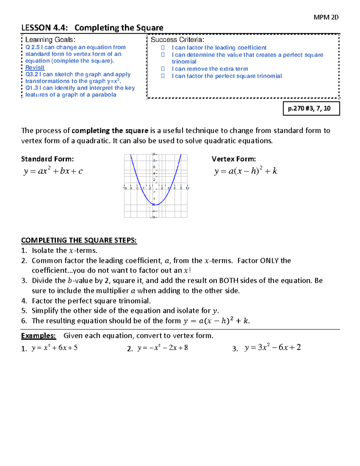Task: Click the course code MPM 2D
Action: pyautogui.click(x=326, y=17)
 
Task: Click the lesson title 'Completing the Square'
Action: pyautogui.click(x=119, y=28)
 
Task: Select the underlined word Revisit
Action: pyautogui.click(x=35, y=68)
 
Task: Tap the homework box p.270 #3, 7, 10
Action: pyautogui.click(x=311, y=108)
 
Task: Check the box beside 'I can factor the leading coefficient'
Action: pyautogui.click(x=163, y=47)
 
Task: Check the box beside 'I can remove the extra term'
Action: pyautogui.click(x=163, y=69)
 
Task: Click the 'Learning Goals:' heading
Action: pyautogui.click(x=50, y=40)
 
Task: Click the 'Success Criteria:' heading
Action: pyautogui.click(x=177, y=40)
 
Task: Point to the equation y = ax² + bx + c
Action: pyautogui.click(x=53, y=171)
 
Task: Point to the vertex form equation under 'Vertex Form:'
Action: pyautogui.click(x=245, y=171)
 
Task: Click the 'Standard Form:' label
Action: pyautogui.click(x=47, y=159)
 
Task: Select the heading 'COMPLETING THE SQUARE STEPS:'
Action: pyautogui.click(x=79, y=240)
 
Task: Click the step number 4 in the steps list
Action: pyautogui.click(x=24, y=301)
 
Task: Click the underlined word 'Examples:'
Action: pyautogui.click(x=38, y=336)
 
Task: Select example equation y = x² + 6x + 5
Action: pyautogui.click(x=54, y=348)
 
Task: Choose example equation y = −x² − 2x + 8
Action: pyautogui.click(x=163, y=348)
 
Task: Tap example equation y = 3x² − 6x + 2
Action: pyautogui.click(x=272, y=347)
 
